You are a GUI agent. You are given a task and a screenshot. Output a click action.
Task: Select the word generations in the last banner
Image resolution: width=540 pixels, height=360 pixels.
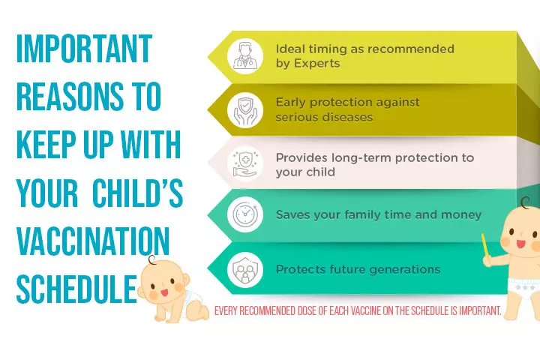(404, 268)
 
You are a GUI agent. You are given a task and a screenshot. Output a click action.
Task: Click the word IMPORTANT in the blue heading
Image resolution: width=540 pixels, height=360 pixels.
(84, 49)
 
